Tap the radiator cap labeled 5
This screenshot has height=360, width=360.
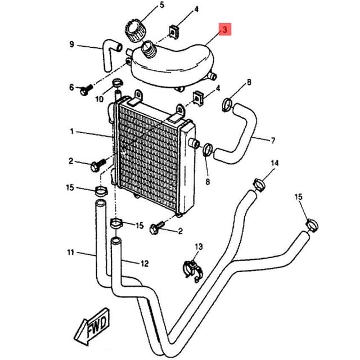(x=134, y=30)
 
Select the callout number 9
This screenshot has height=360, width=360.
(x=71, y=44)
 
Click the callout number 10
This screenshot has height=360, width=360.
(x=99, y=100)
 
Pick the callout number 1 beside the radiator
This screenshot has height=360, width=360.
(x=72, y=132)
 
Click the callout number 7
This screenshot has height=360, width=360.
(x=273, y=140)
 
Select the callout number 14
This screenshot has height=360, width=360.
(x=274, y=163)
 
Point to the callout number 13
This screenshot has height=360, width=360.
(x=198, y=247)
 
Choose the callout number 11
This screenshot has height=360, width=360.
(x=70, y=253)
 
